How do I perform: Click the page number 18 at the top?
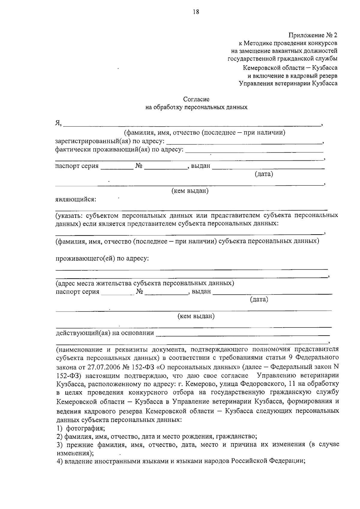click(x=196, y=12)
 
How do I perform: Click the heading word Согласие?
click(x=196, y=99)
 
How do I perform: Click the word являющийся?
click(x=76, y=199)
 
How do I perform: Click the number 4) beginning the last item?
click(x=59, y=461)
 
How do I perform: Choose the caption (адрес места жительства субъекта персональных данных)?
click(x=145, y=283)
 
